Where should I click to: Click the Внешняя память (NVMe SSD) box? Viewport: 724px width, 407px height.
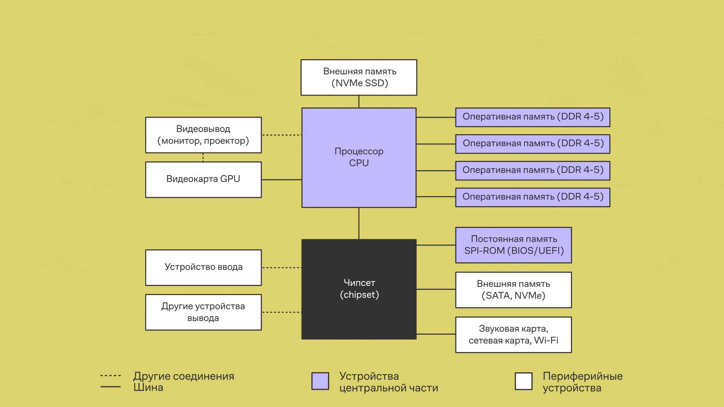click(x=359, y=77)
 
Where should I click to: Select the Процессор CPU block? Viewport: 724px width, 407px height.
click(x=359, y=158)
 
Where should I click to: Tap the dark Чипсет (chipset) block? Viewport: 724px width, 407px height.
click(x=359, y=289)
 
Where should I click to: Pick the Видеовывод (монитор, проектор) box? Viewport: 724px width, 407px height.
click(x=203, y=135)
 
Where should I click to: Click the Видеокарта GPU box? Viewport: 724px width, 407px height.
click(x=203, y=179)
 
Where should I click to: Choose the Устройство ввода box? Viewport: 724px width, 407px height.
click(x=203, y=267)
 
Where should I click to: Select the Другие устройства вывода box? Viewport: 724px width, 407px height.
click(x=203, y=312)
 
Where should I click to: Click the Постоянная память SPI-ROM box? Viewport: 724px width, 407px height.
click(x=514, y=245)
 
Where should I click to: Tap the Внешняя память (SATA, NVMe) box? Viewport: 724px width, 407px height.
click(x=514, y=290)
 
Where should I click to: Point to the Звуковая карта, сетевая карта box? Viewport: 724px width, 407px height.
click(x=514, y=335)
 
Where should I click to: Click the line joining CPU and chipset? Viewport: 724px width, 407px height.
click(x=359, y=223)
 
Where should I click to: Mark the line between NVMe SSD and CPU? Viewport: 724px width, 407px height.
click(x=359, y=101)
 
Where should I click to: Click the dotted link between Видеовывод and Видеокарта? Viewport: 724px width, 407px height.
click(x=203, y=158)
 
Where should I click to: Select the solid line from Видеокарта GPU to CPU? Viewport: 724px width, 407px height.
click(x=281, y=180)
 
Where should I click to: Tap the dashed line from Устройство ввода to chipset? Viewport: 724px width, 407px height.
click(x=281, y=268)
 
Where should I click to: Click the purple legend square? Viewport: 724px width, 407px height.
click(x=320, y=381)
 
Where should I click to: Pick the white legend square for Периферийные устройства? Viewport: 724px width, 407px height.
click(x=524, y=381)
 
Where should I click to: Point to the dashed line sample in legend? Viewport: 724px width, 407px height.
click(x=110, y=376)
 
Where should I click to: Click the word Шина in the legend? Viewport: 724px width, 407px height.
click(x=148, y=387)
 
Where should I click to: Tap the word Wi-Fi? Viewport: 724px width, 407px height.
click(x=546, y=340)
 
